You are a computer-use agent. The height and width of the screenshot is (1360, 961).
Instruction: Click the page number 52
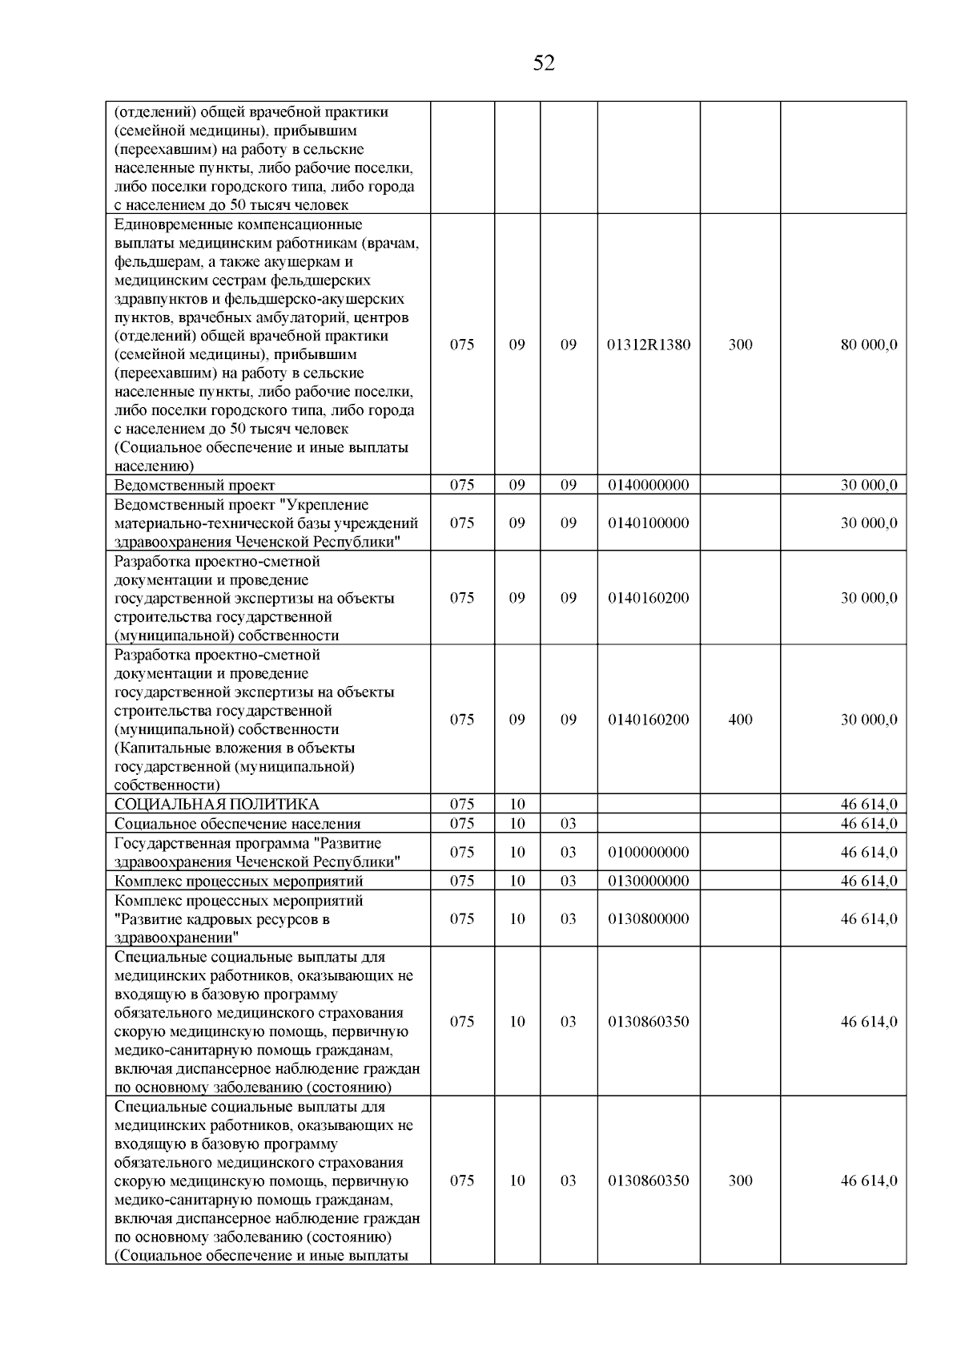pyautogui.click(x=544, y=63)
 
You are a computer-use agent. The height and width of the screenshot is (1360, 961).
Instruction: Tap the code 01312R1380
pyautogui.click(x=649, y=345)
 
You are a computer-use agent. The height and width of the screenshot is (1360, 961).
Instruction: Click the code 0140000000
pyautogui.click(x=649, y=485)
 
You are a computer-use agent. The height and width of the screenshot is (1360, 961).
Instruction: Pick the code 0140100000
pyautogui.click(x=649, y=523)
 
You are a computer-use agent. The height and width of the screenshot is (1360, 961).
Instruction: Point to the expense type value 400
pyautogui.click(x=740, y=720)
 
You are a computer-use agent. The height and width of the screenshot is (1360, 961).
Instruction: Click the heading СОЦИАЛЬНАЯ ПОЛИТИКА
pyautogui.click(x=216, y=805)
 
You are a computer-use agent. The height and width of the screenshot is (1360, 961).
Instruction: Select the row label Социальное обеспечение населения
pyautogui.click(x=237, y=824)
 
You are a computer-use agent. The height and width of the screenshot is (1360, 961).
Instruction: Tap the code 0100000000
pyautogui.click(x=649, y=852)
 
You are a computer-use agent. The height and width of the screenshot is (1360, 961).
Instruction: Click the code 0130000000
pyautogui.click(x=649, y=881)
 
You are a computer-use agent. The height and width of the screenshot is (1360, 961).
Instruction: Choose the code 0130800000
pyautogui.click(x=649, y=918)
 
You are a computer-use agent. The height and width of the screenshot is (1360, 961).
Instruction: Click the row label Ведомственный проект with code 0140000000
pyautogui.click(x=195, y=486)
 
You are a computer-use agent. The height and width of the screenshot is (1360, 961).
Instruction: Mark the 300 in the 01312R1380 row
pyautogui.click(x=740, y=345)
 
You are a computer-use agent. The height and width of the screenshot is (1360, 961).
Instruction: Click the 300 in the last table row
pyautogui.click(x=740, y=1180)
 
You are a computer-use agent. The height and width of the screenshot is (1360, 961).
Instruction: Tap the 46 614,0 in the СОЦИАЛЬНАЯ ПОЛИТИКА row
pyautogui.click(x=868, y=805)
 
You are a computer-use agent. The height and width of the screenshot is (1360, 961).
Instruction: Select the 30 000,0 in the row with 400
pyautogui.click(x=868, y=720)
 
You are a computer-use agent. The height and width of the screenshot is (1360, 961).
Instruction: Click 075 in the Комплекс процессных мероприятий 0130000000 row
pyautogui.click(x=462, y=881)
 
